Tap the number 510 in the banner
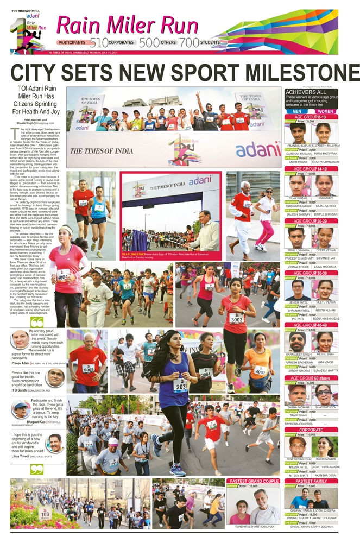[99, 42]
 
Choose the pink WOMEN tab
[325, 111]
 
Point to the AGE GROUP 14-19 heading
[311, 169]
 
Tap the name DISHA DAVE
[325, 198]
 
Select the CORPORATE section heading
[311, 430]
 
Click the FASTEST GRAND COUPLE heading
[254, 481]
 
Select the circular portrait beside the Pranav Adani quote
[20, 340]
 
